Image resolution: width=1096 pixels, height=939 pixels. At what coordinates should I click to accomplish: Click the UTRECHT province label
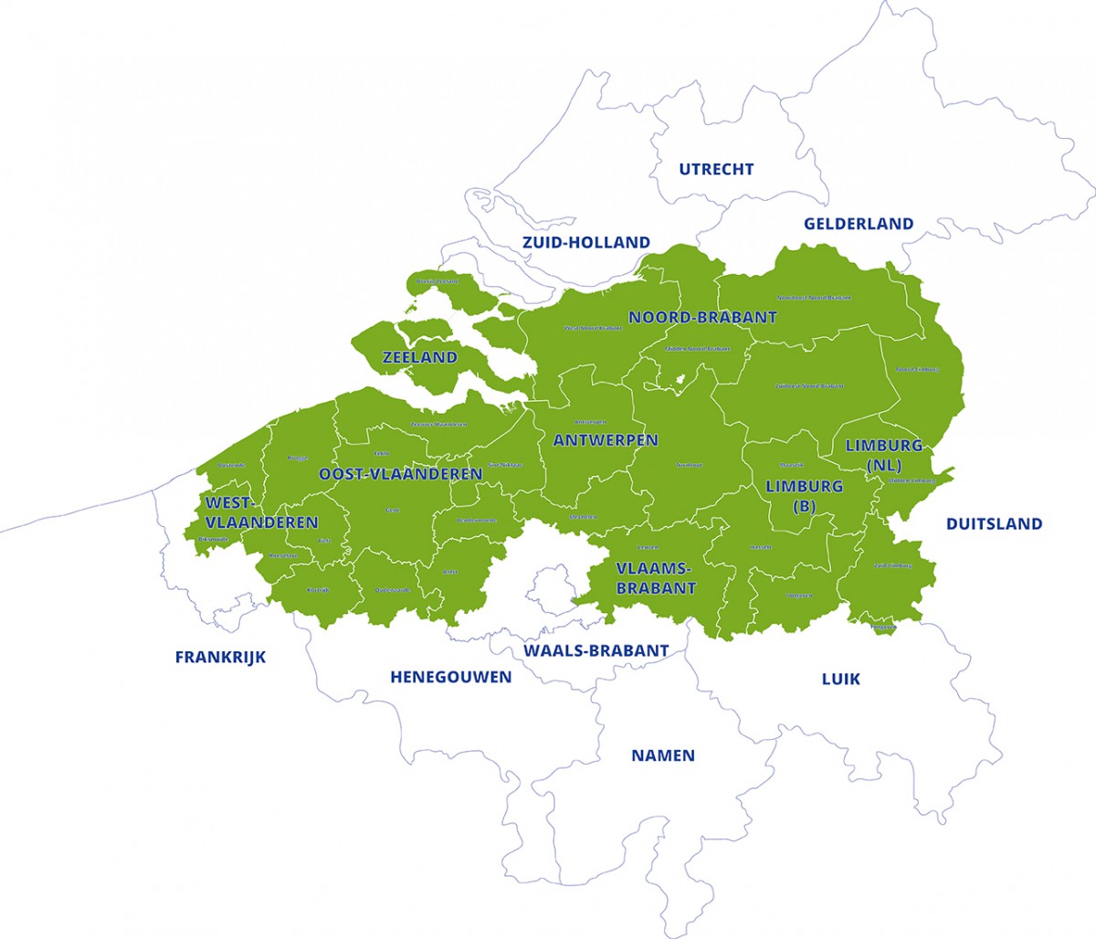tap(716, 169)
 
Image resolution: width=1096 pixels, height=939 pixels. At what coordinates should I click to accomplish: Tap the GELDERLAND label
tap(858, 224)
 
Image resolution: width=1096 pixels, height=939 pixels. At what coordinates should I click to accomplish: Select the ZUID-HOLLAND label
tap(585, 242)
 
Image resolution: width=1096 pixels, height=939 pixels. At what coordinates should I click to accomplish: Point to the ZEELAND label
tap(419, 357)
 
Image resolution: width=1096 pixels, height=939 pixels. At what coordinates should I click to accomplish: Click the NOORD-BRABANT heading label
tap(702, 318)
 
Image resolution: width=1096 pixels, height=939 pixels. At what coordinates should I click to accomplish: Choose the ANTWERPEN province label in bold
tap(605, 440)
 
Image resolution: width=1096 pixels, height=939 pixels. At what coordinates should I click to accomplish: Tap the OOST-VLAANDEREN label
tap(400, 475)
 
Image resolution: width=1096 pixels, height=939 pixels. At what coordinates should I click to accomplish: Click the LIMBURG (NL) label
tap(883, 455)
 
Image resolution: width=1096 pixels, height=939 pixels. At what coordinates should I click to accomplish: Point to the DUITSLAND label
tap(994, 524)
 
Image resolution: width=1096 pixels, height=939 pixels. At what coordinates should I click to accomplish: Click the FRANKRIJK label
tap(220, 657)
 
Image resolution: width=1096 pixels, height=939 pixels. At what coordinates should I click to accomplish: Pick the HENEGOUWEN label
tap(450, 677)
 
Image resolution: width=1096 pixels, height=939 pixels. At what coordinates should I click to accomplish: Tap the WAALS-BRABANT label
tap(595, 650)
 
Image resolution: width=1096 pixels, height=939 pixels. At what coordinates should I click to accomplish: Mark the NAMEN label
tap(663, 755)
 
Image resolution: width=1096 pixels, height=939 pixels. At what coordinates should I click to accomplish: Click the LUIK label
tap(840, 679)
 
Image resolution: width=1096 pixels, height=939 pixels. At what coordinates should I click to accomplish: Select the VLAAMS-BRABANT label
tap(655, 579)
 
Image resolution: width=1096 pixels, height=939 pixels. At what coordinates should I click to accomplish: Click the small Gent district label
tap(393, 511)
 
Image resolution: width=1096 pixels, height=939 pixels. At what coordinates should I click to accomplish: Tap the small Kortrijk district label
tap(318, 590)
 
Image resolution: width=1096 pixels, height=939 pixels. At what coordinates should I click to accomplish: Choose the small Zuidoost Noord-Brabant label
tap(808, 386)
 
